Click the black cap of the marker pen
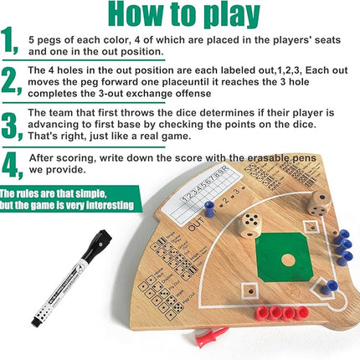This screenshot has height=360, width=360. pyautogui.click(x=100, y=244)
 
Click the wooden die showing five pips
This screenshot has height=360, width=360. pyautogui.click(x=250, y=224)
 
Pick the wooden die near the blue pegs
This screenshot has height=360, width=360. pyautogui.click(x=317, y=202)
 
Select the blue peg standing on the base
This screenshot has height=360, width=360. pyautogui.click(x=332, y=285)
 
